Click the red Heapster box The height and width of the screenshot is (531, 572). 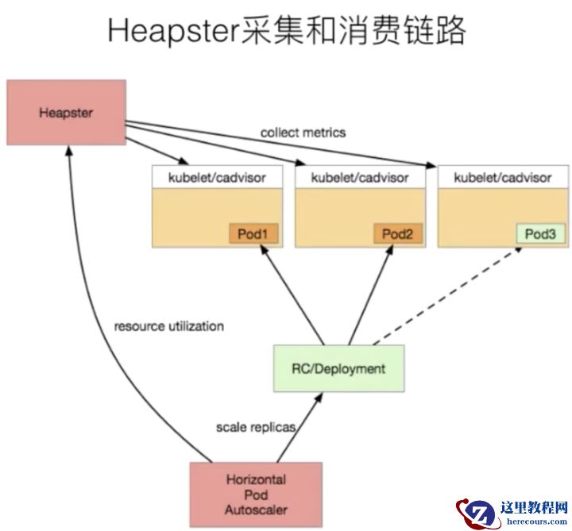coord(66,112)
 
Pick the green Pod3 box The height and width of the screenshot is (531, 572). coord(540,233)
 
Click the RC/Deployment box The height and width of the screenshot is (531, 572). coord(338,368)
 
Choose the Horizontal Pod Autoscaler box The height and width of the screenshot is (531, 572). coord(256,494)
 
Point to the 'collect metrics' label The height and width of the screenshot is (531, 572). coord(303,133)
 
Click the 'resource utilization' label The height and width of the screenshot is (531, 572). coord(169,326)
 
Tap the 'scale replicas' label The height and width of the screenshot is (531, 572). coord(256,427)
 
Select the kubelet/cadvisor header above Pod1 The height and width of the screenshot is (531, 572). coord(216,177)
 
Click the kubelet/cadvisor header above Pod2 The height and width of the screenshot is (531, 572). coord(360,177)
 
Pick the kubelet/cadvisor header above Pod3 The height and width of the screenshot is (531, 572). coord(502,177)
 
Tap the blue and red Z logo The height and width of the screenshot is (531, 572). coord(475,512)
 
